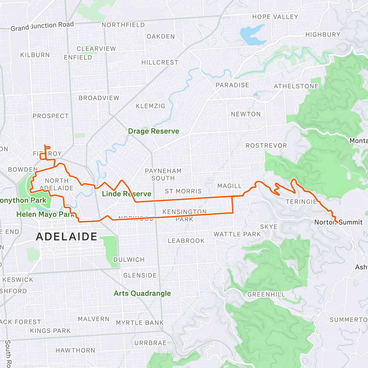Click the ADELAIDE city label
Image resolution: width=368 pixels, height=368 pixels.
pyautogui.click(x=67, y=237)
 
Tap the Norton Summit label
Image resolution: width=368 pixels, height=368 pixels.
pyautogui.click(x=338, y=222)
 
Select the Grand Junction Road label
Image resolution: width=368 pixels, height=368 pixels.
pyautogui.click(x=42, y=26)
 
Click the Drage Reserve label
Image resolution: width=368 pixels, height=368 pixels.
pyautogui.click(x=153, y=131)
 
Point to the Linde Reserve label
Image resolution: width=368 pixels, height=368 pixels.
pyautogui.click(x=126, y=194)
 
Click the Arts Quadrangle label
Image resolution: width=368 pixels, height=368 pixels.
pyautogui.click(x=142, y=293)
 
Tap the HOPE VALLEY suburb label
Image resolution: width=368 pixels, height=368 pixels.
pyautogui.click(x=275, y=17)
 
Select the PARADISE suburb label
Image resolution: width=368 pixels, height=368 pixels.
pyautogui.click(x=232, y=85)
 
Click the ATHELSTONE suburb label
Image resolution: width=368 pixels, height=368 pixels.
pyautogui.click(x=296, y=86)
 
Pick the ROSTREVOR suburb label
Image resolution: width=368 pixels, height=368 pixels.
pyautogui.click(x=266, y=146)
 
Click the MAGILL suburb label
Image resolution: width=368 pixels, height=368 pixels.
pyautogui.click(x=229, y=186)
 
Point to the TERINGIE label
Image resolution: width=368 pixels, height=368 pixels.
pyautogui.click(x=301, y=202)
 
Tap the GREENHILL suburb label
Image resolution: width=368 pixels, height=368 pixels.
pyautogui.click(x=266, y=294)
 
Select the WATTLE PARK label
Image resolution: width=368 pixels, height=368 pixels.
pyautogui.click(x=237, y=234)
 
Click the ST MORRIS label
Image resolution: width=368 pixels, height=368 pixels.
pyautogui.click(x=183, y=191)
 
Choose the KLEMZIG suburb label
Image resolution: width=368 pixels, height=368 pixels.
pyautogui.click(x=150, y=106)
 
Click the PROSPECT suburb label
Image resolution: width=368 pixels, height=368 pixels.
pyautogui.click(x=51, y=116)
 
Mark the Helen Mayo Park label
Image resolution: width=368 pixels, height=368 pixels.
pyautogui.click(x=45, y=214)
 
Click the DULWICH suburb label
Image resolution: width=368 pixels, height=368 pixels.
pyautogui.click(x=129, y=260)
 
